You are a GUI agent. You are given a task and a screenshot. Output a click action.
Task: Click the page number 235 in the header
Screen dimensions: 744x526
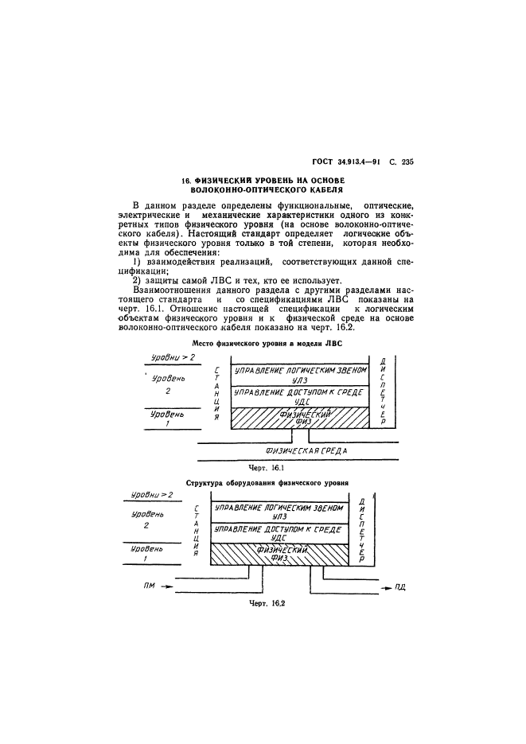[x=408, y=162]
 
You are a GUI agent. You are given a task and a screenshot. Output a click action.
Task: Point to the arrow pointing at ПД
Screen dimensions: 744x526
[x=379, y=587]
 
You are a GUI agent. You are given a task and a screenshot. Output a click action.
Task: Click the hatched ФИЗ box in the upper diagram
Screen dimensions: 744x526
[x=298, y=417]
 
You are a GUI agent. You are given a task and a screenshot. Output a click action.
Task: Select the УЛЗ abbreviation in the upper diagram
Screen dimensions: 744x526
[x=298, y=380]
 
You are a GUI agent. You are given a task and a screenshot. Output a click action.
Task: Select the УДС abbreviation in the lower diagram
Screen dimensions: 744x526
[x=278, y=538]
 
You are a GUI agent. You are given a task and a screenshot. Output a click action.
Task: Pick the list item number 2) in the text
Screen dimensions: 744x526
[x=137, y=279]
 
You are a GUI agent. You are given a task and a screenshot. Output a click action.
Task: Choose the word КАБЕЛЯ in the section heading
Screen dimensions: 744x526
[x=320, y=191]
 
